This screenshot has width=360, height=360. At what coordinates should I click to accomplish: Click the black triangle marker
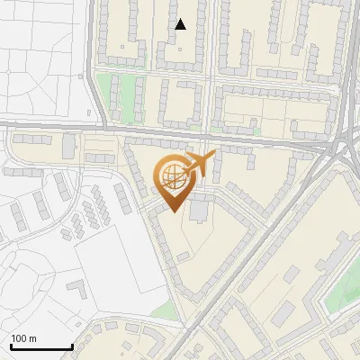tap(181, 24)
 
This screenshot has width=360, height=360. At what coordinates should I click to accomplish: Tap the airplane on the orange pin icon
tap(199, 164)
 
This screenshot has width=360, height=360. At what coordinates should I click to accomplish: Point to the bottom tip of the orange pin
tap(173, 212)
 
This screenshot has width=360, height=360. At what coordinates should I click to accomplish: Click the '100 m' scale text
tap(24, 338)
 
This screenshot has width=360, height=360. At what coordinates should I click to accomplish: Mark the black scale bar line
tap(40, 347)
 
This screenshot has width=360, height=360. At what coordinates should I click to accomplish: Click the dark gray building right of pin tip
tap(197, 211)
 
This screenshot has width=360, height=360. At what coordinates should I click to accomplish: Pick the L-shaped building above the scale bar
tap(77, 291)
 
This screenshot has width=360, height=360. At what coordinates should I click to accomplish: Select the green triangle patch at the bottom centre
tap(165, 311)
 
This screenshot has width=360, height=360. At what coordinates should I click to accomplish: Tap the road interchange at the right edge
tap(345, 144)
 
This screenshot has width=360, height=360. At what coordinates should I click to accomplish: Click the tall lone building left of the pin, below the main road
tap(69, 144)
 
